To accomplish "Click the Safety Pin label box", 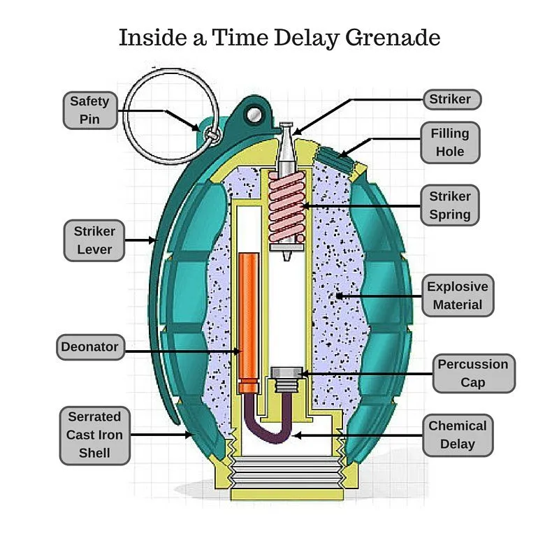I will click(x=89, y=110).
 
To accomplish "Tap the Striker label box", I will click(x=450, y=99).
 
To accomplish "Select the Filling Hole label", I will click(x=450, y=142).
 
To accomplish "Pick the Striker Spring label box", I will click(x=450, y=205).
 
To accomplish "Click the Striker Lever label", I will click(x=94, y=240).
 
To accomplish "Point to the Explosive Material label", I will click(x=457, y=296).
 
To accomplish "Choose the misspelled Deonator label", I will click(x=89, y=347).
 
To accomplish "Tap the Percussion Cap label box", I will click(x=472, y=373).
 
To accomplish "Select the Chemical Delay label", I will click(x=457, y=435).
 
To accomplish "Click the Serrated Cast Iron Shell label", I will click(x=94, y=435).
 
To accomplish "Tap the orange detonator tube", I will click(x=248, y=321).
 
